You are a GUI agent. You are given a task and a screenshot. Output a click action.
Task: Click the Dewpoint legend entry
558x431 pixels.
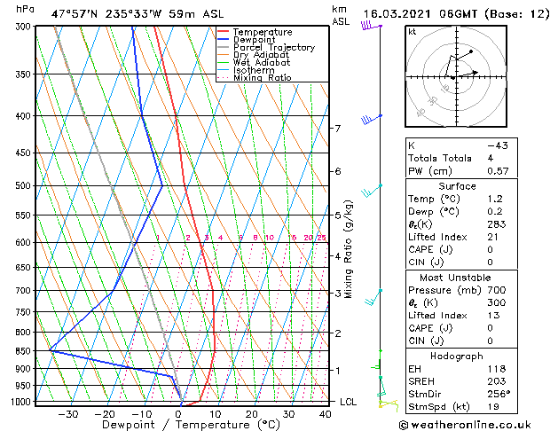click(260, 40)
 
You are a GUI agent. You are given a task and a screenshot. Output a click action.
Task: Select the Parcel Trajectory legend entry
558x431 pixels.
click(273, 48)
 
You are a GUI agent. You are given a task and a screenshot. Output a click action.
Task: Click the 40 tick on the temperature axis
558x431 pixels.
click(325, 414)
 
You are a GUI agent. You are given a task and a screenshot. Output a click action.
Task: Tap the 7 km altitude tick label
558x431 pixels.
click(337, 129)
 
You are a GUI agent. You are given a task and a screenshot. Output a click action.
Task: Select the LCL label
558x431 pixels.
click(349, 402)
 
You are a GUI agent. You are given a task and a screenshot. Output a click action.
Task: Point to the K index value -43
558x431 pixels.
click(497, 145)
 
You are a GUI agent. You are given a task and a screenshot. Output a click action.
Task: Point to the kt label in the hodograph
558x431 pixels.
click(412, 31)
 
